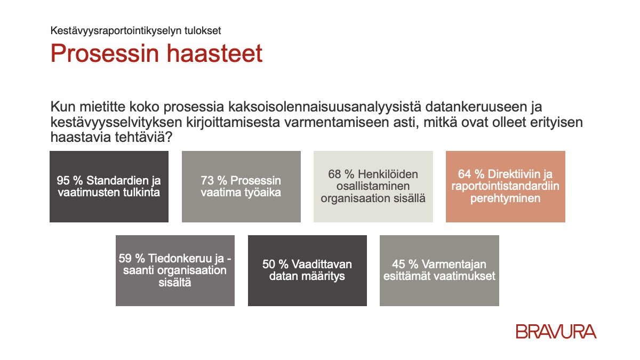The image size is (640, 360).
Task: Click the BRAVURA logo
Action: click(556, 331)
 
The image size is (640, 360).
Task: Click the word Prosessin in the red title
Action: click(105, 53)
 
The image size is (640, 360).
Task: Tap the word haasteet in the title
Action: click(214, 53)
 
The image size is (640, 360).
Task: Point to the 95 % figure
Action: click(69, 181)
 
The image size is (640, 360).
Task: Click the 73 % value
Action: click(213, 181)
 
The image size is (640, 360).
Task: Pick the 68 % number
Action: click(341, 174)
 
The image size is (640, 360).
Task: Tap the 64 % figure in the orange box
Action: click(471, 174)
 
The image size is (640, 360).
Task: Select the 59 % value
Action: click(132, 258)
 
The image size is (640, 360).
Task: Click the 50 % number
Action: click(275, 265)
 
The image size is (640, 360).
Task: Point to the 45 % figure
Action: click(405, 265)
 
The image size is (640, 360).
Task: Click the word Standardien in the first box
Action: click(118, 181)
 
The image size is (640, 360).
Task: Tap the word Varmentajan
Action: click(454, 265)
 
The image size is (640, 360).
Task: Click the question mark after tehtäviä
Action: click(169, 137)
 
